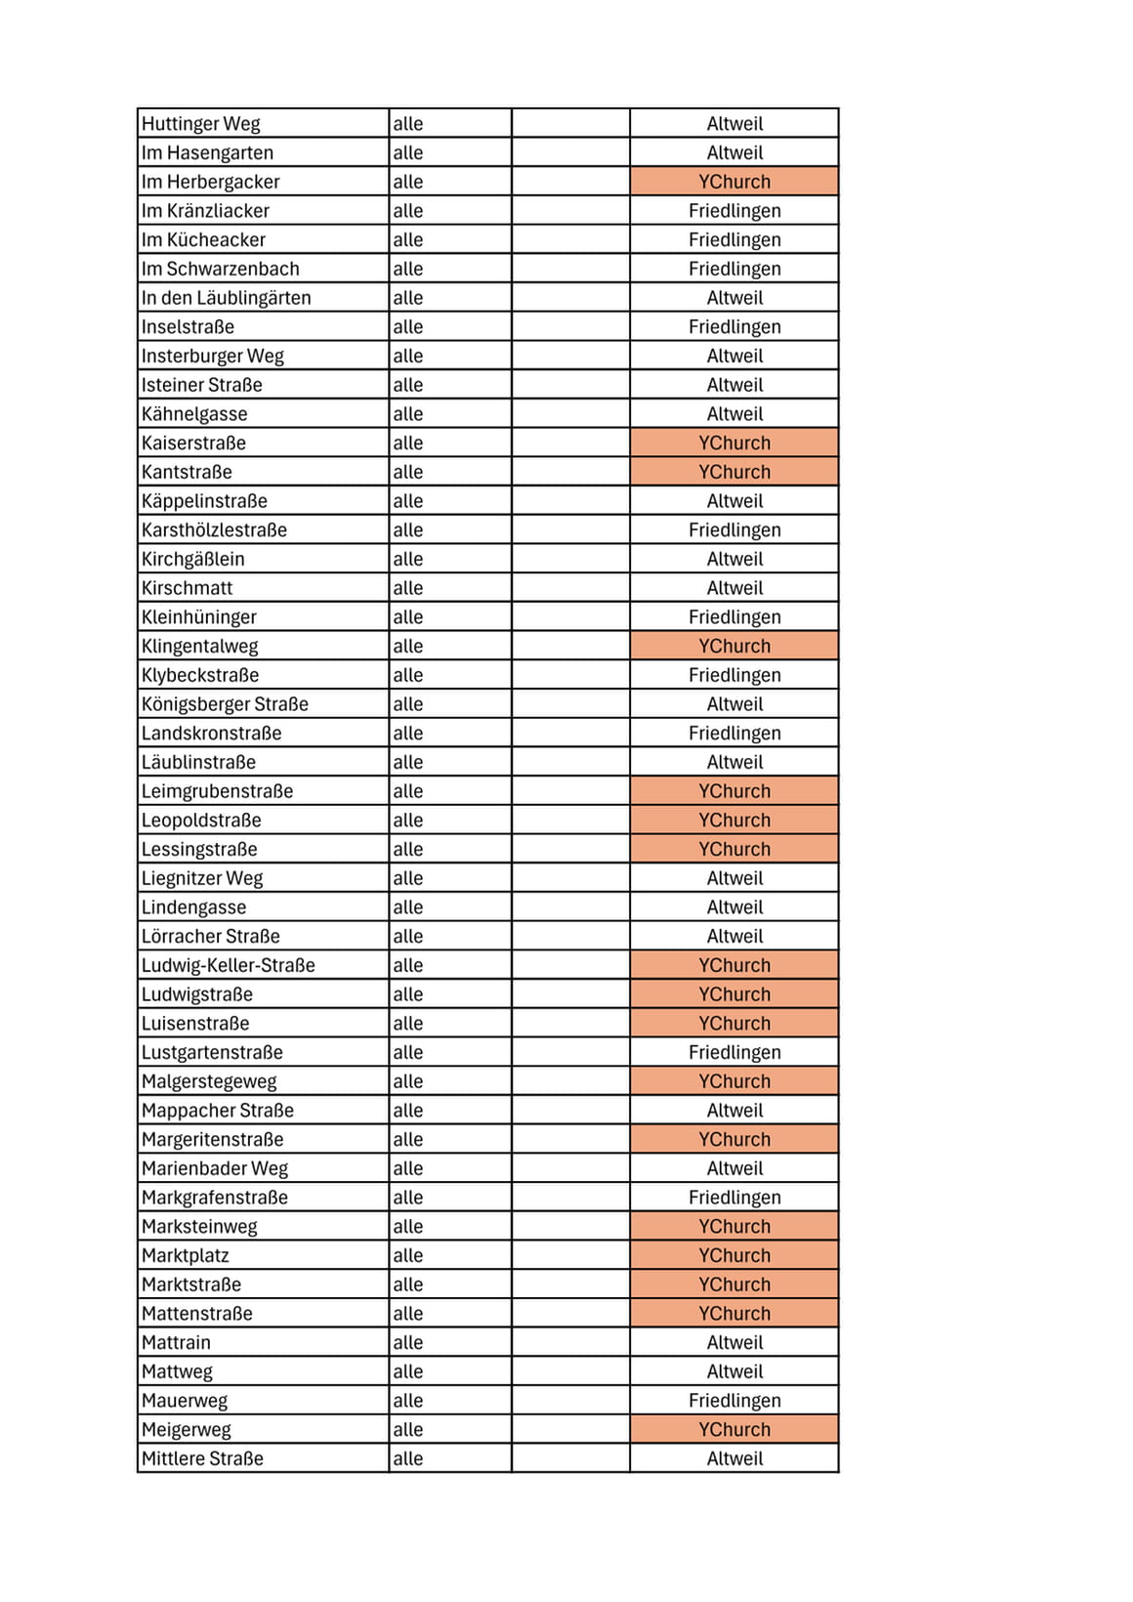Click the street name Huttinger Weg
[201, 124]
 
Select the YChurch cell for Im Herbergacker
[734, 182]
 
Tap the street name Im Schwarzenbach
[221, 269]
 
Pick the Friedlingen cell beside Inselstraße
[734, 327]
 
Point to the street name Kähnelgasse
[194, 414]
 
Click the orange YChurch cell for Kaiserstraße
[734, 443]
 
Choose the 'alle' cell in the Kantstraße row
[408, 472]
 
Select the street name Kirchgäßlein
[193, 559]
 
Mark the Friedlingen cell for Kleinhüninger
[734, 617]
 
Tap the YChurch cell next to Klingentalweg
[734, 647]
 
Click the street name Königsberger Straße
[225, 704]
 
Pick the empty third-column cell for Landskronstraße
[570, 734]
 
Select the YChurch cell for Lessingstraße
[734, 850]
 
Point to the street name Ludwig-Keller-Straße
[229, 965]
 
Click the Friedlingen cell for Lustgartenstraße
[734, 1052]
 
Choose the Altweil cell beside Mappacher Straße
[734, 1111]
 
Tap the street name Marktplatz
[186, 1255]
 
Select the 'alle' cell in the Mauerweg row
[408, 1401]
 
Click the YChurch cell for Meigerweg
[734, 1430]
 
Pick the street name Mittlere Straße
[203, 1458]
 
